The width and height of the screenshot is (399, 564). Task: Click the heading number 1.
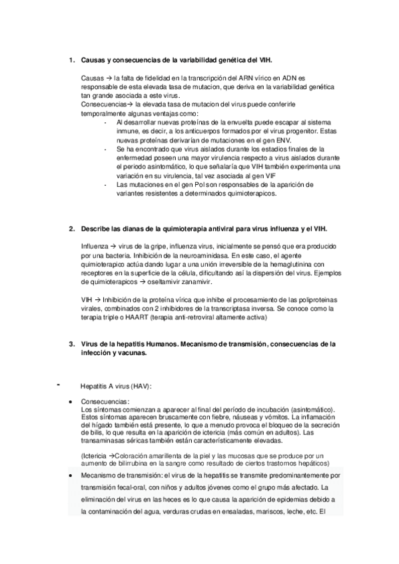click(71, 61)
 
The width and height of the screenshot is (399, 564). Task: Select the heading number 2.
click(71, 229)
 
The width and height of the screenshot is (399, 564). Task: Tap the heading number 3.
click(71, 345)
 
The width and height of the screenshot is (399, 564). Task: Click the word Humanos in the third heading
click(163, 345)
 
